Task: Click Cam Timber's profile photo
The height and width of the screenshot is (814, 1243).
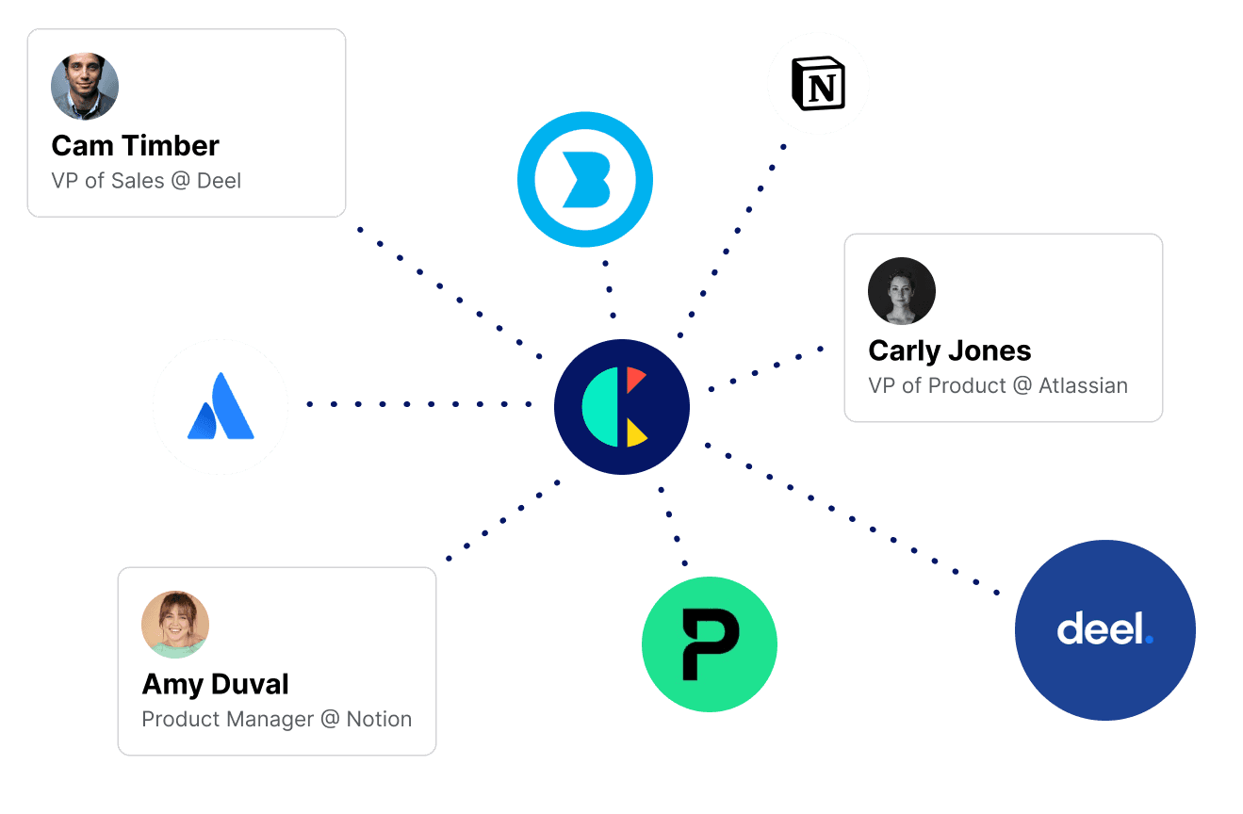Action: pyautogui.click(x=85, y=87)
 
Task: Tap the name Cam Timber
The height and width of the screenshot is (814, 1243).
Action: pyautogui.click(x=135, y=146)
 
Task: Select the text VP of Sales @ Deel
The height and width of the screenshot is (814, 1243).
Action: pyautogui.click(x=146, y=180)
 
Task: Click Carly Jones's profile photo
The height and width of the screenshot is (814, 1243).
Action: pyautogui.click(x=902, y=291)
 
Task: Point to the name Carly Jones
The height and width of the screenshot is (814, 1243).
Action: pyautogui.click(x=949, y=350)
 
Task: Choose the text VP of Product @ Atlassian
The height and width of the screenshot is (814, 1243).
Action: pyautogui.click(x=997, y=385)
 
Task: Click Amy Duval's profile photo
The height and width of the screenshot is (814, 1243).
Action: pyautogui.click(x=175, y=625)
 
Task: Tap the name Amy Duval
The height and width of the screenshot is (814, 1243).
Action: pyautogui.click(x=215, y=684)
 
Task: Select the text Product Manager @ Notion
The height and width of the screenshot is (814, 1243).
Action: pyautogui.click(x=276, y=719)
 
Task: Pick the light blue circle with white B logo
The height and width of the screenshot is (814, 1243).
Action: pyautogui.click(x=585, y=179)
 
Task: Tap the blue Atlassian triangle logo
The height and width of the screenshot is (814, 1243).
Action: pyautogui.click(x=221, y=407)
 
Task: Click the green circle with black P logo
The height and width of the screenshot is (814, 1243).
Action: pyautogui.click(x=710, y=644)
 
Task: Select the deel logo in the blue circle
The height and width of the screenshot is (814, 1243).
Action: pyautogui.click(x=1104, y=629)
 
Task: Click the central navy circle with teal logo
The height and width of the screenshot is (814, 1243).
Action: pyautogui.click(x=622, y=407)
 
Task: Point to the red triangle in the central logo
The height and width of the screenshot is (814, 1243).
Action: pyautogui.click(x=634, y=380)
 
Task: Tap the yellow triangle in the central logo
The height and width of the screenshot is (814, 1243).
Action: pyautogui.click(x=635, y=432)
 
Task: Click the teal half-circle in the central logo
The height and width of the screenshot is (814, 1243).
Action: pyautogui.click(x=600, y=407)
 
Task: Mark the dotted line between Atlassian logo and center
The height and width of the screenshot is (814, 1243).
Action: pyautogui.click(x=419, y=405)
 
